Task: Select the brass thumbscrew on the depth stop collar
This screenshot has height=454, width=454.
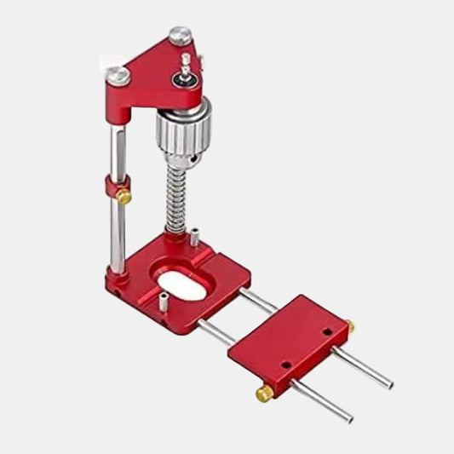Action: click(124, 196)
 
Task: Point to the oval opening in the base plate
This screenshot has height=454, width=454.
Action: click(181, 284)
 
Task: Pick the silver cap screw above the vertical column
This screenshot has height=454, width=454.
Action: click(119, 75)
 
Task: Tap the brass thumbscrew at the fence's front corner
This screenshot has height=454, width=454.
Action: click(265, 393)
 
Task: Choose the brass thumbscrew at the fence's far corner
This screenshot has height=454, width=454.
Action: click(349, 325)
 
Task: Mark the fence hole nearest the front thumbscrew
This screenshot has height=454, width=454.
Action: click(286, 365)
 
